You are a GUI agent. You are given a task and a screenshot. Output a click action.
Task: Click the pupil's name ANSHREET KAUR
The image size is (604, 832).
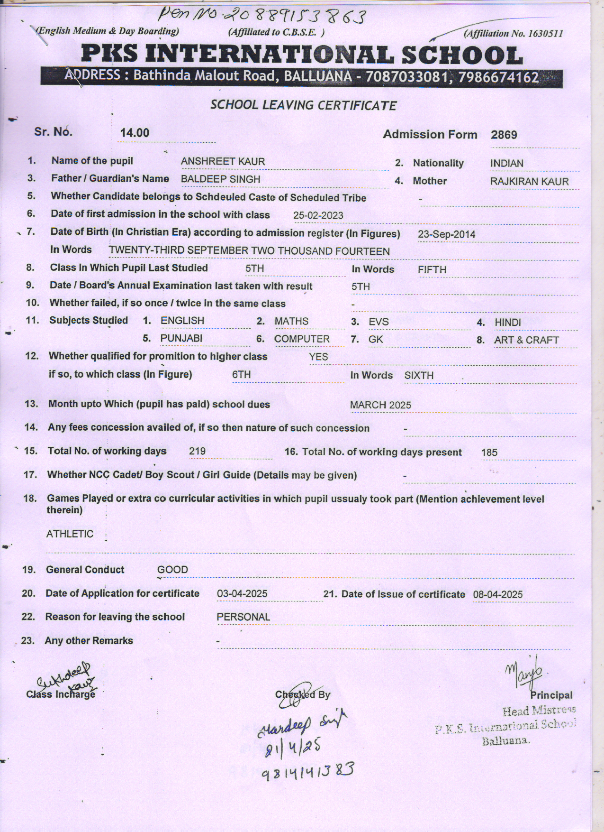tap(223, 162)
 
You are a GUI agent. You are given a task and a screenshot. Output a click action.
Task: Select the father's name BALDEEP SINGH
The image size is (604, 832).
tap(220, 179)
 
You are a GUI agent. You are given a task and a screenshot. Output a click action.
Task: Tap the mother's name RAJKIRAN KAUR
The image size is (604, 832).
tap(529, 182)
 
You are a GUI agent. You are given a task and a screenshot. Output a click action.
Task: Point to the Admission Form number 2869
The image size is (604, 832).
tap(504, 135)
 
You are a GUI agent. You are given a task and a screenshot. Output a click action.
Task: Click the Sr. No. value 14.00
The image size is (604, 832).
tap(135, 133)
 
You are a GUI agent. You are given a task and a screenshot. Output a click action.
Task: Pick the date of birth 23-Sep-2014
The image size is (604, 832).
tap(446, 234)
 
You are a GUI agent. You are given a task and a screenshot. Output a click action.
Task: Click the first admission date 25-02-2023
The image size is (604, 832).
tap(318, 215)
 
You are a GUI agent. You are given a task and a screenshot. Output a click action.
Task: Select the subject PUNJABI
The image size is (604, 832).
tap(181, 338)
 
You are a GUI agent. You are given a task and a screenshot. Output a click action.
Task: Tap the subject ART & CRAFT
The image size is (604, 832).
tap(526, 340)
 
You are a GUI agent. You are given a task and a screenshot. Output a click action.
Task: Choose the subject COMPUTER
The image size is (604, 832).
tap(302, 339)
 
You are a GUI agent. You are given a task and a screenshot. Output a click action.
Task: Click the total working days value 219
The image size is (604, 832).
tap(197, 451)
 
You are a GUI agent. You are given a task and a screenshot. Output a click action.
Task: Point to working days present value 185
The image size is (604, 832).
tap(489, 453)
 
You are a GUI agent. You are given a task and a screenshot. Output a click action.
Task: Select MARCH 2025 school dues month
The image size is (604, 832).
tap(380, 405)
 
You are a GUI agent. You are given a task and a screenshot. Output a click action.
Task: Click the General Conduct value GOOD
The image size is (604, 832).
tap(172, 570)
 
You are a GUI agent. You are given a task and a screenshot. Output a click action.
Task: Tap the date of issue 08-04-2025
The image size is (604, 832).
tap(497, 594)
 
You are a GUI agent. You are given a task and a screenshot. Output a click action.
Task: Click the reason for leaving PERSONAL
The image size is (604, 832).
tap(243, 617)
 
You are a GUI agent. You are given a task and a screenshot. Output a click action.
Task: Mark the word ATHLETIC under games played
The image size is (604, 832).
tap(70, 534)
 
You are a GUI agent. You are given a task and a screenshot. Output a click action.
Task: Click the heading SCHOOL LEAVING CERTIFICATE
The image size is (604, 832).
tap(303, 105)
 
